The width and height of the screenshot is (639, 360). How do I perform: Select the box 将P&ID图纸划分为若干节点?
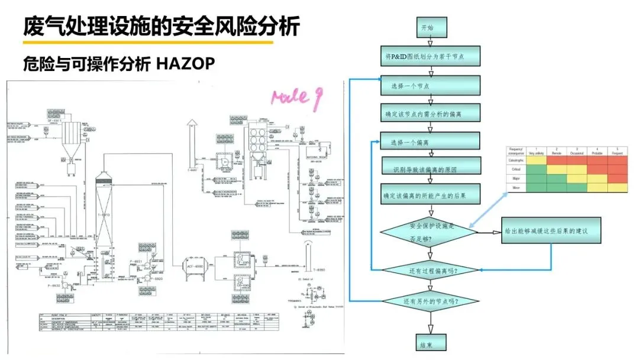[430, 57]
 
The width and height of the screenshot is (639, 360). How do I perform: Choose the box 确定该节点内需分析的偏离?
[430, 113]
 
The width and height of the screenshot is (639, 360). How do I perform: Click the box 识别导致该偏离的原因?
[430, 169]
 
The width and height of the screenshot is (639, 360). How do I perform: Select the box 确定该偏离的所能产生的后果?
[430, 195]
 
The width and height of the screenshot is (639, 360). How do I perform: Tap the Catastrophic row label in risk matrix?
[516, 160]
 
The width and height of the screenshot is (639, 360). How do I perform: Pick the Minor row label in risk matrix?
[516, 188]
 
